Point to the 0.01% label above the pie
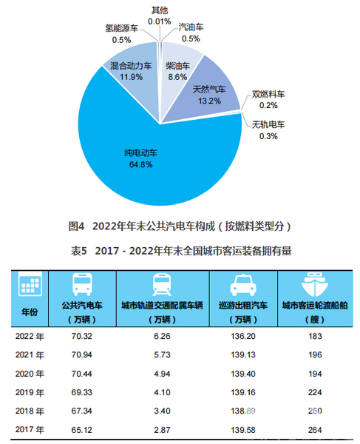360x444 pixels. coord(160,21)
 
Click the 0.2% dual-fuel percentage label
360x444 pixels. coord(268,105)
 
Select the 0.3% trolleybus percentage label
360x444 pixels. coord(268,136)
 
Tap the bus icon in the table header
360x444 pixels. coord(82,284)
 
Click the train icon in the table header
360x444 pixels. coord(162,284)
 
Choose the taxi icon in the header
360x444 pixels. coord(243,285)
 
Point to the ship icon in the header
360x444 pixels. coord(315,284)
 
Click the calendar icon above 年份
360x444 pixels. coord(30,283)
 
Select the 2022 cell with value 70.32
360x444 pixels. coord(82,336)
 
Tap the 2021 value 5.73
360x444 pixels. coord(162,354)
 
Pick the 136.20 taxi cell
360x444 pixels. coord(243,336)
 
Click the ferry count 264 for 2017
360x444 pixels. coord(315,430)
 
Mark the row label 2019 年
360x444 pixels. coord(30,392)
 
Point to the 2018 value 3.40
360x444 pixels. coord(162,411)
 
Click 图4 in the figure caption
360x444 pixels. coord(76,226)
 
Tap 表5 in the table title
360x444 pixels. coord(79,251)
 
